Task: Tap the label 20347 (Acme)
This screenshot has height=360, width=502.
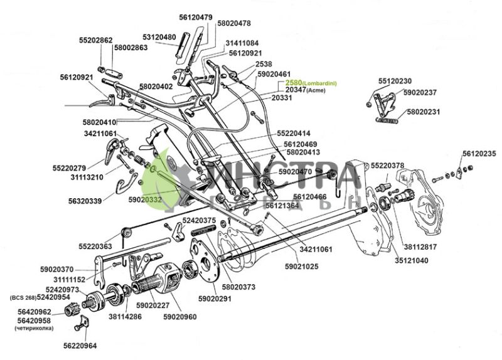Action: click(304, 90)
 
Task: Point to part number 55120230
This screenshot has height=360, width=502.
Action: click(395, 81)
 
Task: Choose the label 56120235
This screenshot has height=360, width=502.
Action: click(479, 154)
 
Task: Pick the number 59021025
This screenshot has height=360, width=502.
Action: click(302, 267)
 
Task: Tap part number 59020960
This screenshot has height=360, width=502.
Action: click(179, 317)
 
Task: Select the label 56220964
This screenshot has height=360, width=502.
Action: click(80, 345)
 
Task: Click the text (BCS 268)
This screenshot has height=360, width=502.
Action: click(23, 297)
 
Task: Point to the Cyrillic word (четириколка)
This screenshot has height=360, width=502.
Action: click(35, 327)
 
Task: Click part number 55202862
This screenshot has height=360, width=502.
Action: click(95, 40)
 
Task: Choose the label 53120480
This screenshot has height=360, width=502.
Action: click(159, 37)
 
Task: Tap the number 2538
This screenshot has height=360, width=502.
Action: click(264, 64)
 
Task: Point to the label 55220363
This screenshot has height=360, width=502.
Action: click(95, 246)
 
